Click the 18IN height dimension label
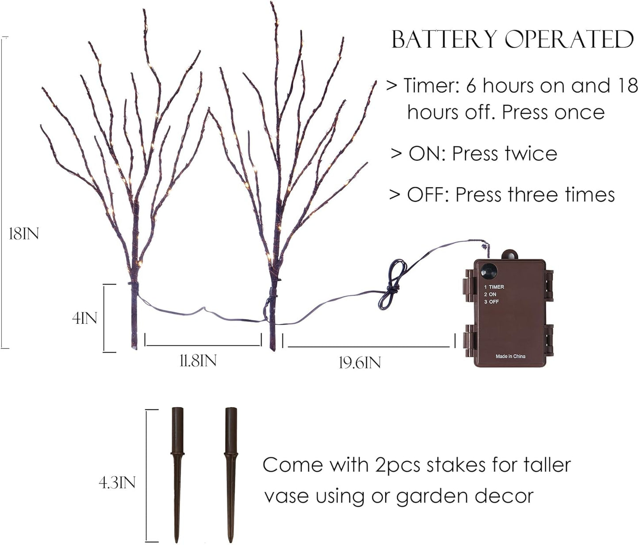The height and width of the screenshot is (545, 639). pos(24,234)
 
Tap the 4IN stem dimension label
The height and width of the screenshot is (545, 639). pos(84,318)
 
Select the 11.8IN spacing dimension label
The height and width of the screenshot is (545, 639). pos(198,361)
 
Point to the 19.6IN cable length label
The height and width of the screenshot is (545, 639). pos(360,363)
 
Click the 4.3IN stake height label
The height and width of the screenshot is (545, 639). pos(117,483)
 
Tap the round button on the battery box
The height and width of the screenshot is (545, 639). pos(489,271)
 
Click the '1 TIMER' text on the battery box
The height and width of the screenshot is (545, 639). pos(494,287)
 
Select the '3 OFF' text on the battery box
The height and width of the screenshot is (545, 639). pos(491,302)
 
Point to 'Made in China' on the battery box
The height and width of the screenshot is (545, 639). pos(510,356)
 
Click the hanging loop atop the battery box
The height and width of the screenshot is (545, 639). pos(510,255)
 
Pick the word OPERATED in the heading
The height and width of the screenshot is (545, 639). pos(569,40)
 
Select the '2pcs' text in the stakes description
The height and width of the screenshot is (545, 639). pos(398,465)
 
